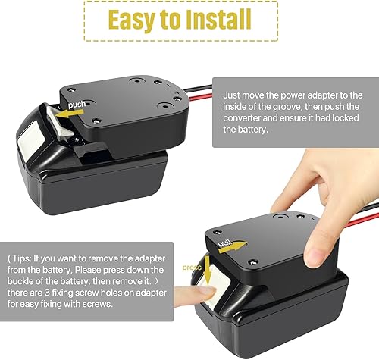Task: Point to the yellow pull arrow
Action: point(239,246)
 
